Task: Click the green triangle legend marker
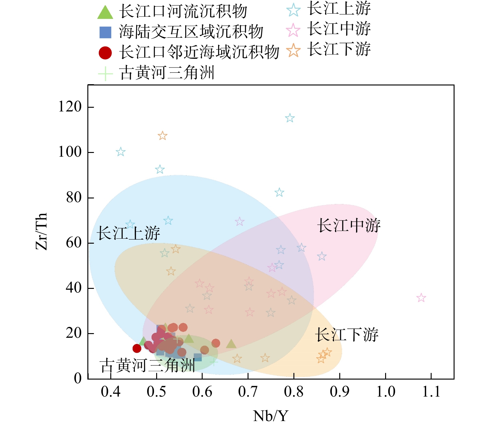(105, 13)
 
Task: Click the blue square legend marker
(105, 32)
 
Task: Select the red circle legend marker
(105, 53)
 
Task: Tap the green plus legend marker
(105, 74)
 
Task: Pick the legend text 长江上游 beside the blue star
(339, 9)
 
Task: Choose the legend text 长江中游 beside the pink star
(339, 29)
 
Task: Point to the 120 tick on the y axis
(70, 107)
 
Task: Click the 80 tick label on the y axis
(74, 198)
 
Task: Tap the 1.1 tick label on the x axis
(431, 392)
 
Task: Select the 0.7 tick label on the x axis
(248, 392)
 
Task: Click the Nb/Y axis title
(270, 416)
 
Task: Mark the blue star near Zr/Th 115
(290, 118)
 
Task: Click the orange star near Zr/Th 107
(162, 136)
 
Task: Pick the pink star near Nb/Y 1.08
(421, 298)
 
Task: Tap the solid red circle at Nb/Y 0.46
(137, 348)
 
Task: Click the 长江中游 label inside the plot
(349, 225)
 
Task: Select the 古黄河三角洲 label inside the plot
(147, 365)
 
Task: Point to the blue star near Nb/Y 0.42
(121, 152)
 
